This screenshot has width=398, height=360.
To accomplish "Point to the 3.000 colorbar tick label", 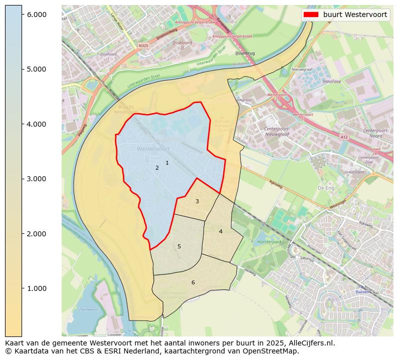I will (36, 179).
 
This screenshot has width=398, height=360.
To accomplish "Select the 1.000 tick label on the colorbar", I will (36, 288).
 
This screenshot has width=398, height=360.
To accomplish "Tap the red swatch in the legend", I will (311, 15).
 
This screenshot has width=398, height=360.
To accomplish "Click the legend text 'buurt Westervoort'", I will (355, 15).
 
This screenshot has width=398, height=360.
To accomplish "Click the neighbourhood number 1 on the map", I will (167, 163).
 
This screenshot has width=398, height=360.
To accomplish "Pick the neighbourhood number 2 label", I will (157, 168).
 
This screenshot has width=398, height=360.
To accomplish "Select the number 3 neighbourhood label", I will (197, 201).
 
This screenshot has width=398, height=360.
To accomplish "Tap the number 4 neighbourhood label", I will (221, 231).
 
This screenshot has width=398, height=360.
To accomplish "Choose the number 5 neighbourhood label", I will (179, 246).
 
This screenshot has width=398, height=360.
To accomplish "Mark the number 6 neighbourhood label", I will (193, 282).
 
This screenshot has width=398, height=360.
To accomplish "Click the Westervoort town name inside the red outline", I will (153, 149).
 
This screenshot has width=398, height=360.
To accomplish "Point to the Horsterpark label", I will (267, 241).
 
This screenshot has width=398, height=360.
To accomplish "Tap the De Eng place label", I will (326, 188).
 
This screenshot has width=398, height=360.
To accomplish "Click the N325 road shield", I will (144, 45).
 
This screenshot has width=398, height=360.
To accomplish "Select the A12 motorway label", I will (343, 136).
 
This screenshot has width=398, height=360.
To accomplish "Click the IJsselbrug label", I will (245, 53).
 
